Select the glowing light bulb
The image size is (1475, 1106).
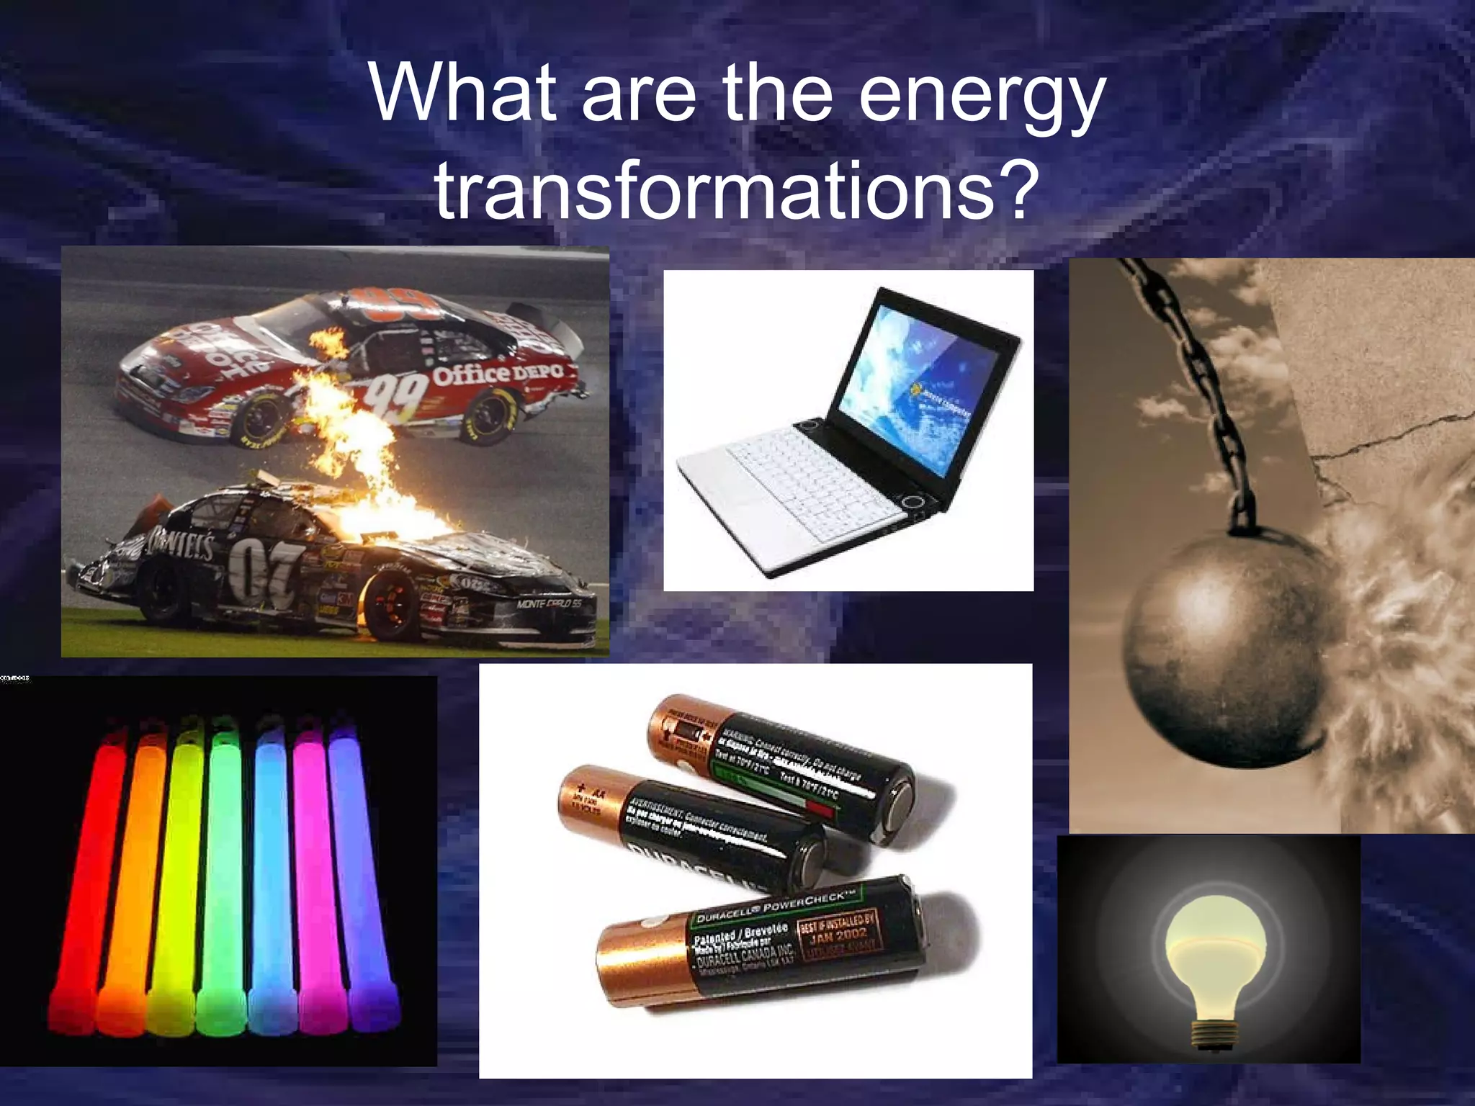point(1210,950)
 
